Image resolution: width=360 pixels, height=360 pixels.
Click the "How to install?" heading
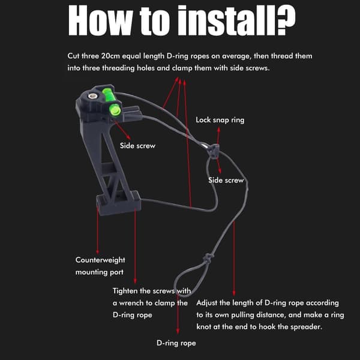[x=182, y=20]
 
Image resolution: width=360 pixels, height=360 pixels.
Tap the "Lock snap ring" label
[x=220, y=120]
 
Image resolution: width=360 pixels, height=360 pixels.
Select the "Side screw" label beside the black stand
[x=137, y=146]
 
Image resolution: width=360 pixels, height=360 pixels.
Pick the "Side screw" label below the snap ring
[x=226, y=180]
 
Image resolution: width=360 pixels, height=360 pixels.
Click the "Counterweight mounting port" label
[x=100, y=266]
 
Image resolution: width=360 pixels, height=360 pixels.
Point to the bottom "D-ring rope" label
[x=176, y=343]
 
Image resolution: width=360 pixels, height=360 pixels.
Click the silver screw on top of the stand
[x=92, y=96]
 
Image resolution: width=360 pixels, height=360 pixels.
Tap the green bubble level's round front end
[x=115, y=109]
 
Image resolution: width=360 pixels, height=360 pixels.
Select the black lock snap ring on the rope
[x=214, y=151]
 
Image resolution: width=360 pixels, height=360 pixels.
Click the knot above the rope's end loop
[x=208, y=258]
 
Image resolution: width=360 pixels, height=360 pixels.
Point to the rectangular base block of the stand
[x=118, y=203]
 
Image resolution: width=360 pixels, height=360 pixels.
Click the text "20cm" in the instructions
[x=110, y=56]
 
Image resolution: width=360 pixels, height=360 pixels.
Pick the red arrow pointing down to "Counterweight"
[x=98, y=230]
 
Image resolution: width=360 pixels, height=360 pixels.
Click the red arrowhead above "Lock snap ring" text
[x=218, y=129]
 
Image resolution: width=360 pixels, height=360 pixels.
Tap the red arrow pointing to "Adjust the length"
[x=234, y=259]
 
